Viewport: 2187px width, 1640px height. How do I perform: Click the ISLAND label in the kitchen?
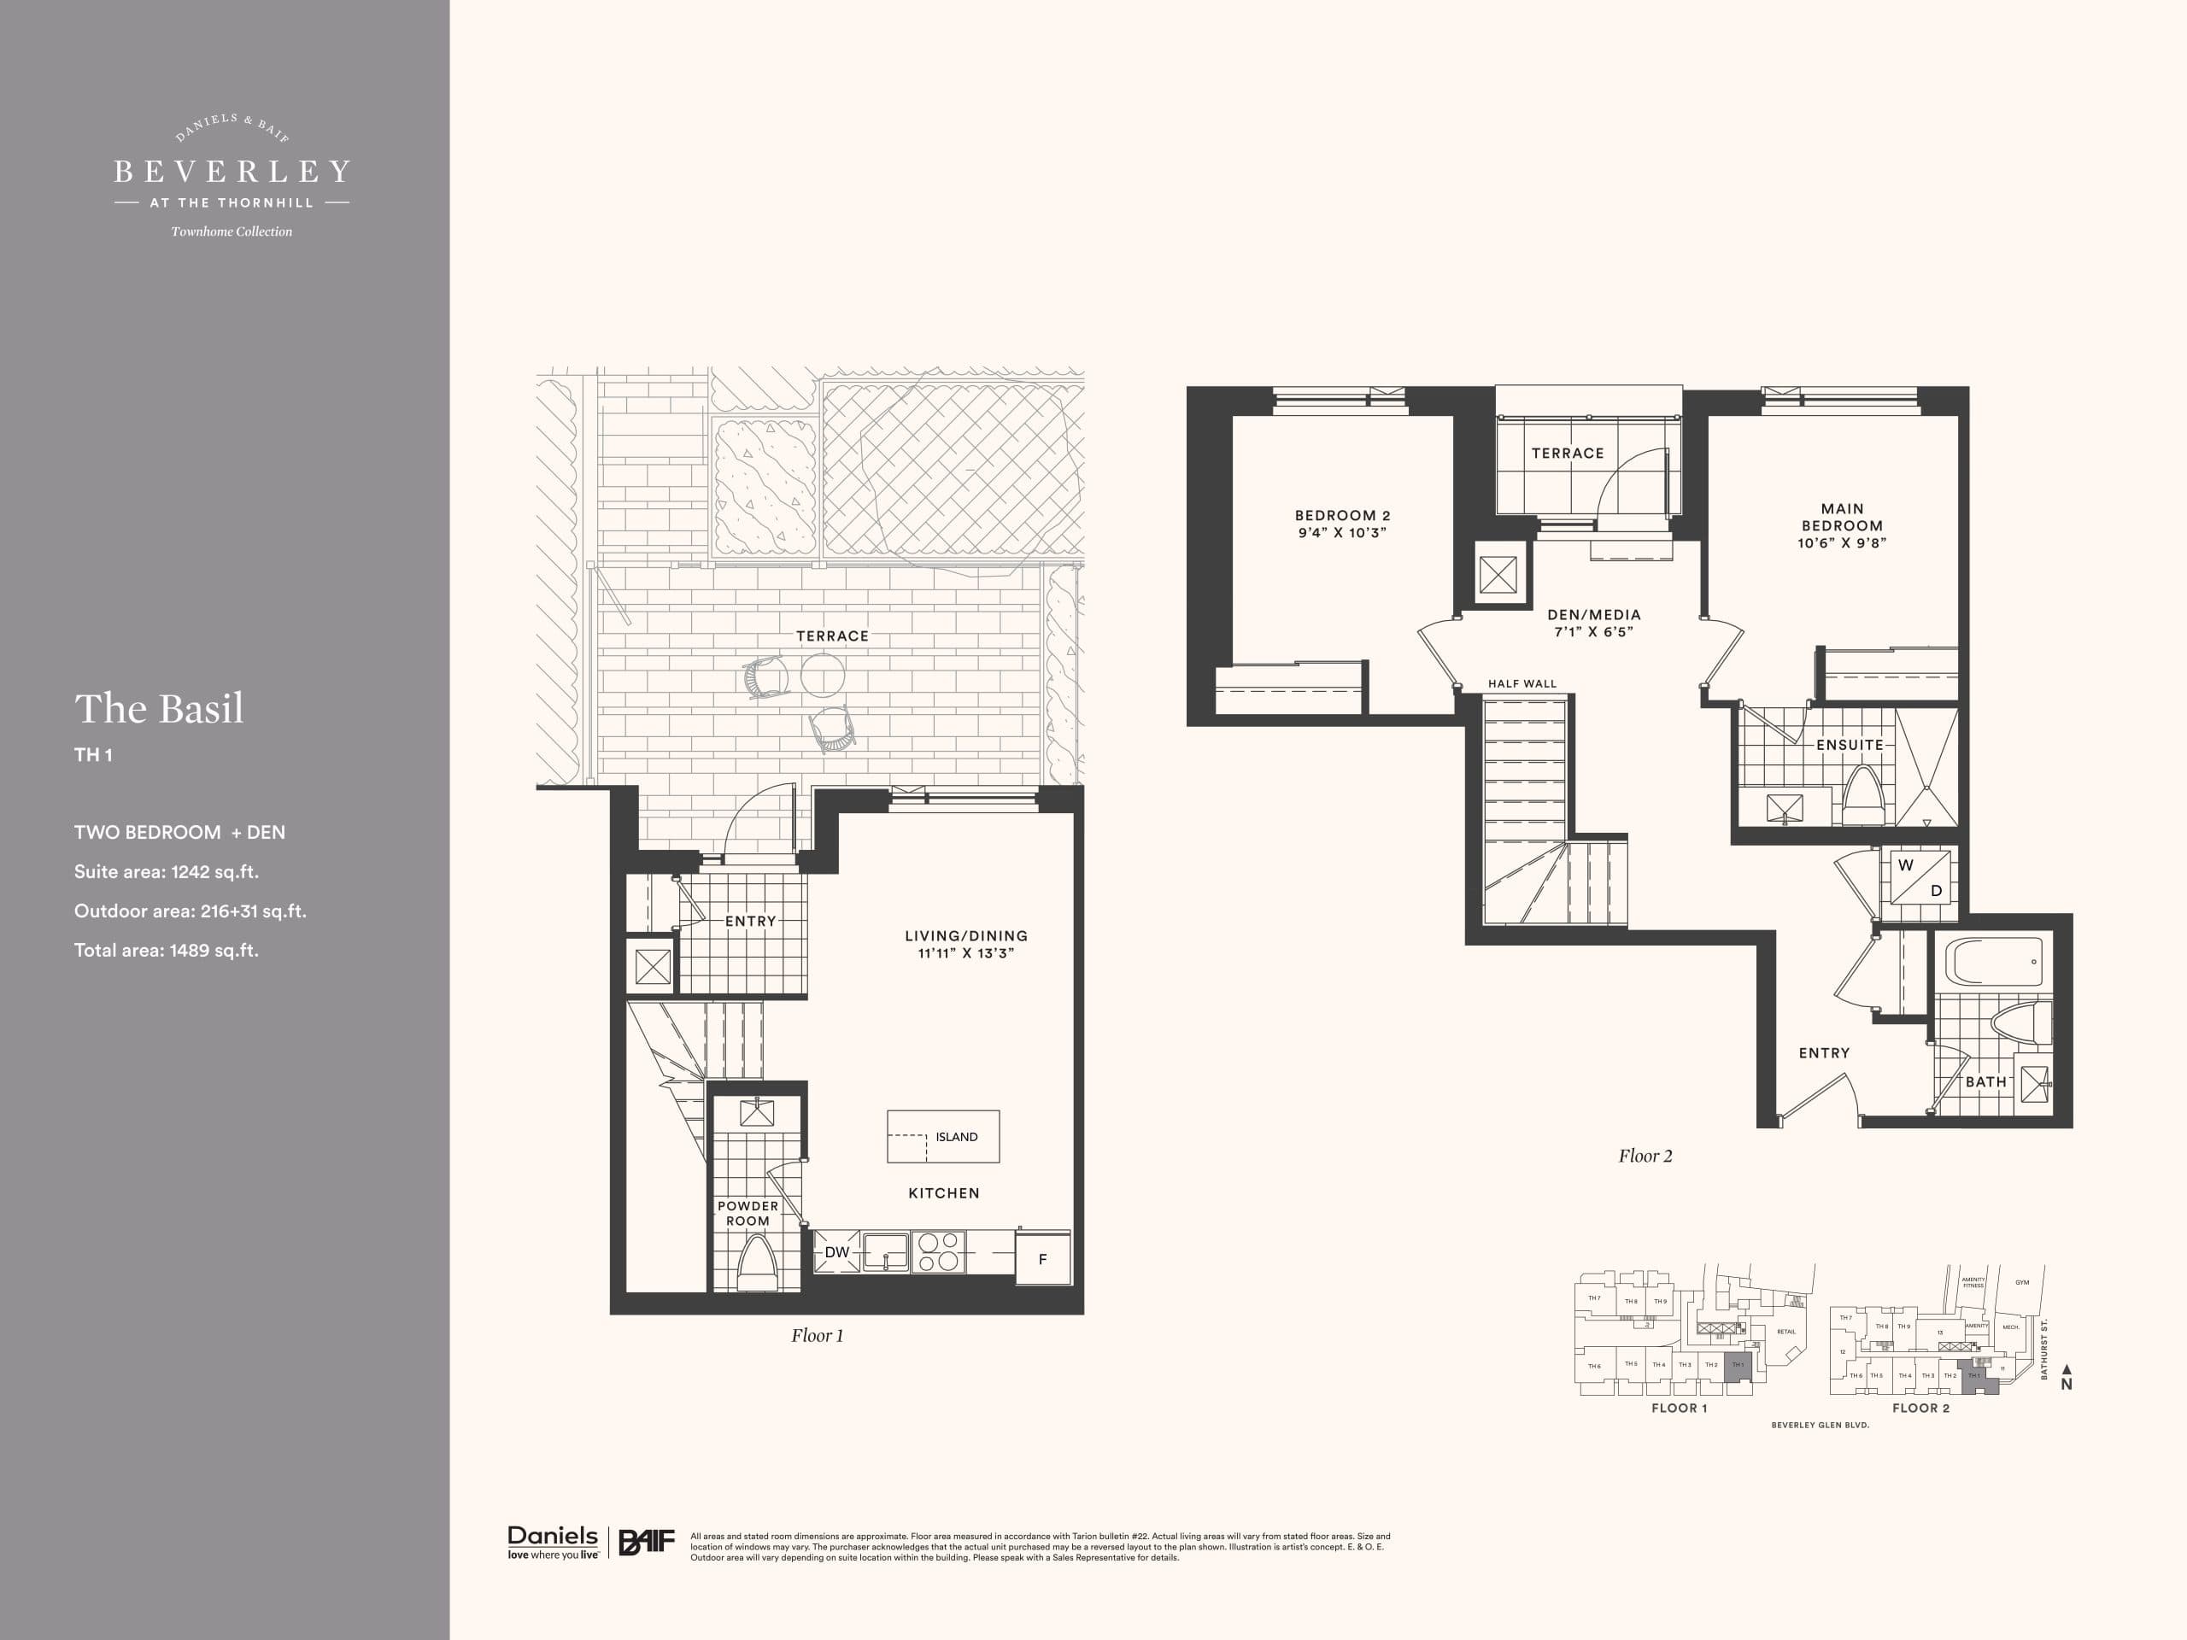(x=956, y=1137)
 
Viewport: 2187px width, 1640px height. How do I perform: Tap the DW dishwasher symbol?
(x=836, y=1251)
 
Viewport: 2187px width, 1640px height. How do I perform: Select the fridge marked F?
(x=1042, y=1258)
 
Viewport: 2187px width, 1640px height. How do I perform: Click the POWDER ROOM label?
(x=748, y=1213)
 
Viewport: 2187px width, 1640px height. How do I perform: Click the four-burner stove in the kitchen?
(x=937, y=1250)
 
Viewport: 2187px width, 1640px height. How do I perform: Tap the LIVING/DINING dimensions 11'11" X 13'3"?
(x=966, y=953)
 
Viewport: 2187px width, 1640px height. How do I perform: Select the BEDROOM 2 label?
(x=1341, y=515)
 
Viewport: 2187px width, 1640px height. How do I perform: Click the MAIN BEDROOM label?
(x=1841, y=517)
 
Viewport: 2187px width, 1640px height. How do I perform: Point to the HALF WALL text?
(x=1522, y=683)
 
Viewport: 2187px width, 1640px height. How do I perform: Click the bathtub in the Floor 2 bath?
(x=1993, y=961)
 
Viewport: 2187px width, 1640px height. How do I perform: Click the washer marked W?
(x=1905, y=865)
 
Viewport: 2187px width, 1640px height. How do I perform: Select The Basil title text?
(x=159, y=709)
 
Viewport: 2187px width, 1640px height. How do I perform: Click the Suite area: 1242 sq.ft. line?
(x=166, y=872)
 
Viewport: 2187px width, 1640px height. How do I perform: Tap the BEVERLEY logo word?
(x=232, y=172)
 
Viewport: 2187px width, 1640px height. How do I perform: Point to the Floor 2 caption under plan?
(x=1645, y=1156)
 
